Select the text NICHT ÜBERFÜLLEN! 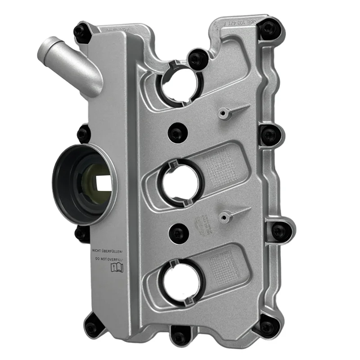(x=109, y=251)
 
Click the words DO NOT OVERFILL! (x=109, y=260)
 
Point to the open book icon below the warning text (x=116, y=269)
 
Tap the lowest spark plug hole (x=182, y=282)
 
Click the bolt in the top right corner (x=269, y=28)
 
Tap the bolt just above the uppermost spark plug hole (x=197, y=58)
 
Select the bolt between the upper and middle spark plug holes (x=177, y=133)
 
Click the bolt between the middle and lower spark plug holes (x=179, y=234)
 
